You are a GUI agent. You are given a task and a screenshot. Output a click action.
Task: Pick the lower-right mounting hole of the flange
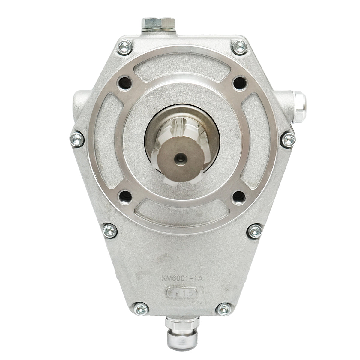pos(239,196)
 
